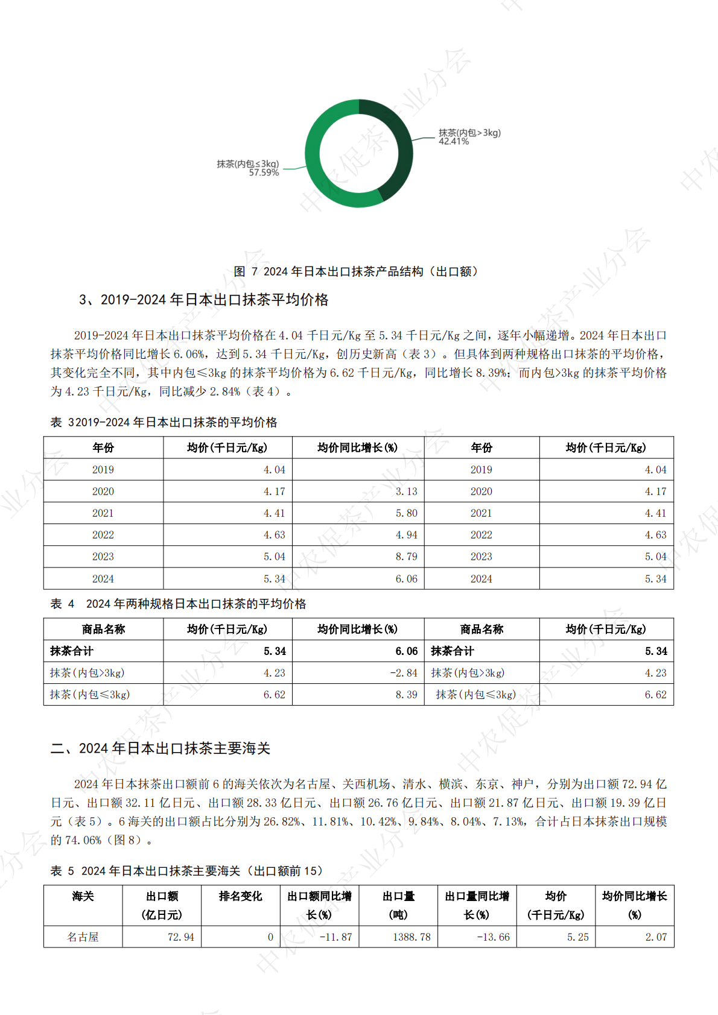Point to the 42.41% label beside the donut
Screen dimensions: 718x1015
pos(454,142)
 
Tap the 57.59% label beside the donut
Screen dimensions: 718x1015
pos(264,173)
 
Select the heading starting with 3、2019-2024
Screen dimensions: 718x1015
pos(203,300)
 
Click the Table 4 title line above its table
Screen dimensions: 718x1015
pos(178,604)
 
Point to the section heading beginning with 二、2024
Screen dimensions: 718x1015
pos(160,748)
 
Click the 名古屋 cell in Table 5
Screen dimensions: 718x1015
pos(83,937)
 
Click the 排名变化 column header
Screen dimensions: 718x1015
pos(240,896)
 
